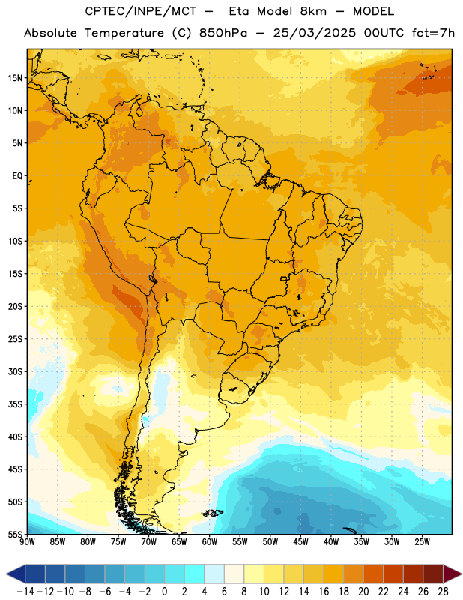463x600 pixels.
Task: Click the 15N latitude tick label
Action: [x=15, y=78]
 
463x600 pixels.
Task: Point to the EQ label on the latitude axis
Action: [x=17, y=176]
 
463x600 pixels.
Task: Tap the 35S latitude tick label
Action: [x=15, y=404]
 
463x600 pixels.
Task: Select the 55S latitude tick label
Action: [x=15, y=534]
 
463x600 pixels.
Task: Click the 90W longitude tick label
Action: [x=27, y=541]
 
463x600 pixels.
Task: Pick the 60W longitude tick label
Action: [x=210, y=541]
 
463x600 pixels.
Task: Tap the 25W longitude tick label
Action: [x=422, y=541]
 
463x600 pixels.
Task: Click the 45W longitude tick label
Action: [x=300, y=541]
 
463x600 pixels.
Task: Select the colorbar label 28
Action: [x=443, y=592]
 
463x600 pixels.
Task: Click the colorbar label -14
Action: [x=25, y=592]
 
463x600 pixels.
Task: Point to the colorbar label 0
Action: [x=164, y=592]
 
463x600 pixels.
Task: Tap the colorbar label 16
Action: [x=324, y=592]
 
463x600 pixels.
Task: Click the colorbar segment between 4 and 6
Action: [x=214, y=574]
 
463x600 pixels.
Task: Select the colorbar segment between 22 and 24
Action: [x=393, y=574]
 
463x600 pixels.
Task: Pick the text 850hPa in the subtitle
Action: [x=223, y=33]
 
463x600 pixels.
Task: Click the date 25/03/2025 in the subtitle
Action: [x=314, y=33]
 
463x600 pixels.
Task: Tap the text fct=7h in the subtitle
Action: [x=433, y=33]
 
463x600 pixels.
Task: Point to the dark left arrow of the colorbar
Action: [x=16, y=574]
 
